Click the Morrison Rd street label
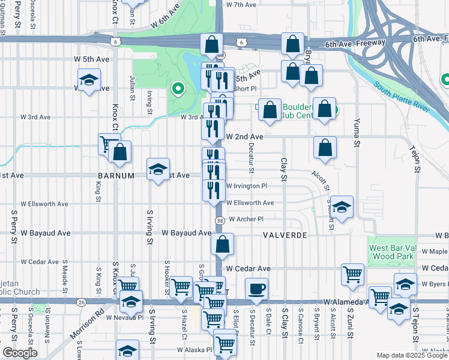(x=91, y=317)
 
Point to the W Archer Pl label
(x=246, y=219)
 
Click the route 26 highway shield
(x=81, y=302)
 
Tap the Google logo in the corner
(x=20, y=353)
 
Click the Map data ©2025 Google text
(x=411, y=355)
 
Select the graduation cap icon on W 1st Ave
(x=158, y=169)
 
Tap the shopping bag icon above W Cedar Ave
(x=222, y=244)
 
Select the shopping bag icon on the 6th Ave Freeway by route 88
(x=211, y=44)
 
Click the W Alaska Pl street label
(x=194, y=350)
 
